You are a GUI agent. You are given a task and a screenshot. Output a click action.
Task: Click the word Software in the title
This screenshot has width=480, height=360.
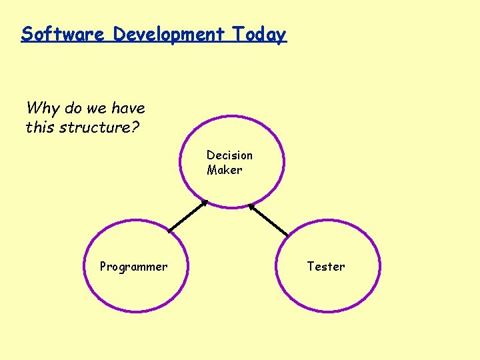(63, 34)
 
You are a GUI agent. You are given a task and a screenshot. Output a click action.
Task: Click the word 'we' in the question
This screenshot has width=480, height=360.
(97, 108)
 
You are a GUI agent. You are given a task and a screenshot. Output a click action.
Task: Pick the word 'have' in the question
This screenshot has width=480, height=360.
(128, 108)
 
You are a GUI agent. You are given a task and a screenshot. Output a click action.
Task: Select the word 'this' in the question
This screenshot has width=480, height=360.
(41, 127)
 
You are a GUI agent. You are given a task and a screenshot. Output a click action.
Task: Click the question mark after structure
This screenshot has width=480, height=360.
(135, 127)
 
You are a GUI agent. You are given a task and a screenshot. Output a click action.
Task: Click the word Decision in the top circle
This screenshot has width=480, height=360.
(229, 155)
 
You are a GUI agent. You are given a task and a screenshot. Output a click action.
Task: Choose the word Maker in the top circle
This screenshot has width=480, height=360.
(224, 170)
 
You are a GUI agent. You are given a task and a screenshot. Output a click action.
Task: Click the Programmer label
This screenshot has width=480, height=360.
(133, 267)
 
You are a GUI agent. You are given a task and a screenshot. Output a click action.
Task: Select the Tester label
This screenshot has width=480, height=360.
(325, 267)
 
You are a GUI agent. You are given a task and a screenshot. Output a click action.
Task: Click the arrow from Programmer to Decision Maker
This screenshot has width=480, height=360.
(188, 216)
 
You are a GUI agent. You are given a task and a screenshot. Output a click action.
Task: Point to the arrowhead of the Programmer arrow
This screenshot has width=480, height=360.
(205, 203)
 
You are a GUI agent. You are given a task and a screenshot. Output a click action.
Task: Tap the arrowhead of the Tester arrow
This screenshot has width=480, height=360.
(251, 205)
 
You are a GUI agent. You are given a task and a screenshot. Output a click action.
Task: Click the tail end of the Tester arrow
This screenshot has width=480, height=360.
(287, 235)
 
